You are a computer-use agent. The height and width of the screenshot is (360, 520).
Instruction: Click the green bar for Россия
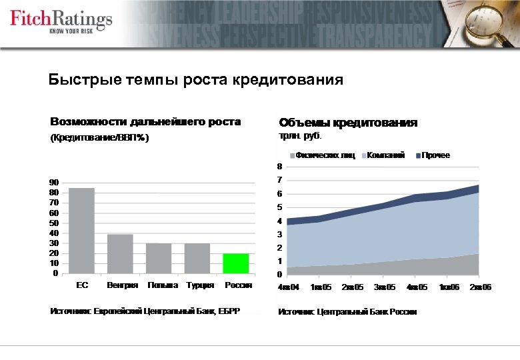click(235, 263)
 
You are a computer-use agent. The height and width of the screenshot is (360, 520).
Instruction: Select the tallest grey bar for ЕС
click(82, 231)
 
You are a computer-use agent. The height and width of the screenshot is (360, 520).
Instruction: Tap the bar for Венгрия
click(121, 253)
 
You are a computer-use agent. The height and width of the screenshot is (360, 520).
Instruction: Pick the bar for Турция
click(197, 258)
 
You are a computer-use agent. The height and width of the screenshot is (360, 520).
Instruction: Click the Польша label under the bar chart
click(163, 285)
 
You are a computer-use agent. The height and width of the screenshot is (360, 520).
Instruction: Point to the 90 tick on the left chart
click(53, 182)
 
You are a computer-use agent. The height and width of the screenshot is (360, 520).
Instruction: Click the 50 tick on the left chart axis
click(53, 223)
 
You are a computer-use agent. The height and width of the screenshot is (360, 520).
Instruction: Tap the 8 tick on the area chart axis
click(279, 166)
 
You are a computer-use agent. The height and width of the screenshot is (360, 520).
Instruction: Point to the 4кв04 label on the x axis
click(289, 287)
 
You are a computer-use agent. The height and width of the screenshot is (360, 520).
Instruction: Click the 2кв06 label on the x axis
click(480, 287)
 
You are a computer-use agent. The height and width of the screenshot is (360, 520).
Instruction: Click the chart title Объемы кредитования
click(348, 123)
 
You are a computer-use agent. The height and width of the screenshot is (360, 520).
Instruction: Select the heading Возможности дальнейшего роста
click(145, 122)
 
